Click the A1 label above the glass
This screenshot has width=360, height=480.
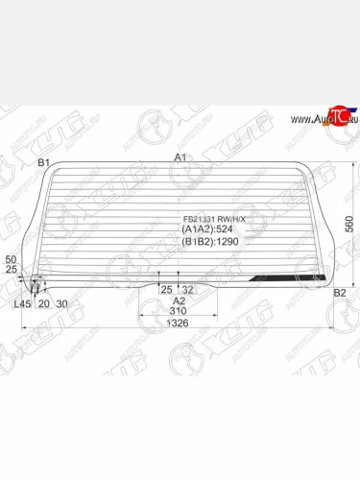pos(180,157)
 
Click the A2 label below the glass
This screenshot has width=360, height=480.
pos(179,300)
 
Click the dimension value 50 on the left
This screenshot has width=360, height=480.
pos(11,260)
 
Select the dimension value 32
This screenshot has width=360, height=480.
pos(188,289)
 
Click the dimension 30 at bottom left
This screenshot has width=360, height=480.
pos(62,304)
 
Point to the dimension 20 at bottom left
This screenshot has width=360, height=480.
pos(43,304)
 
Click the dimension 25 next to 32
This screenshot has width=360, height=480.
pos(166,289)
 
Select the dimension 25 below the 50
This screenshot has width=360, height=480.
pos(11,270)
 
